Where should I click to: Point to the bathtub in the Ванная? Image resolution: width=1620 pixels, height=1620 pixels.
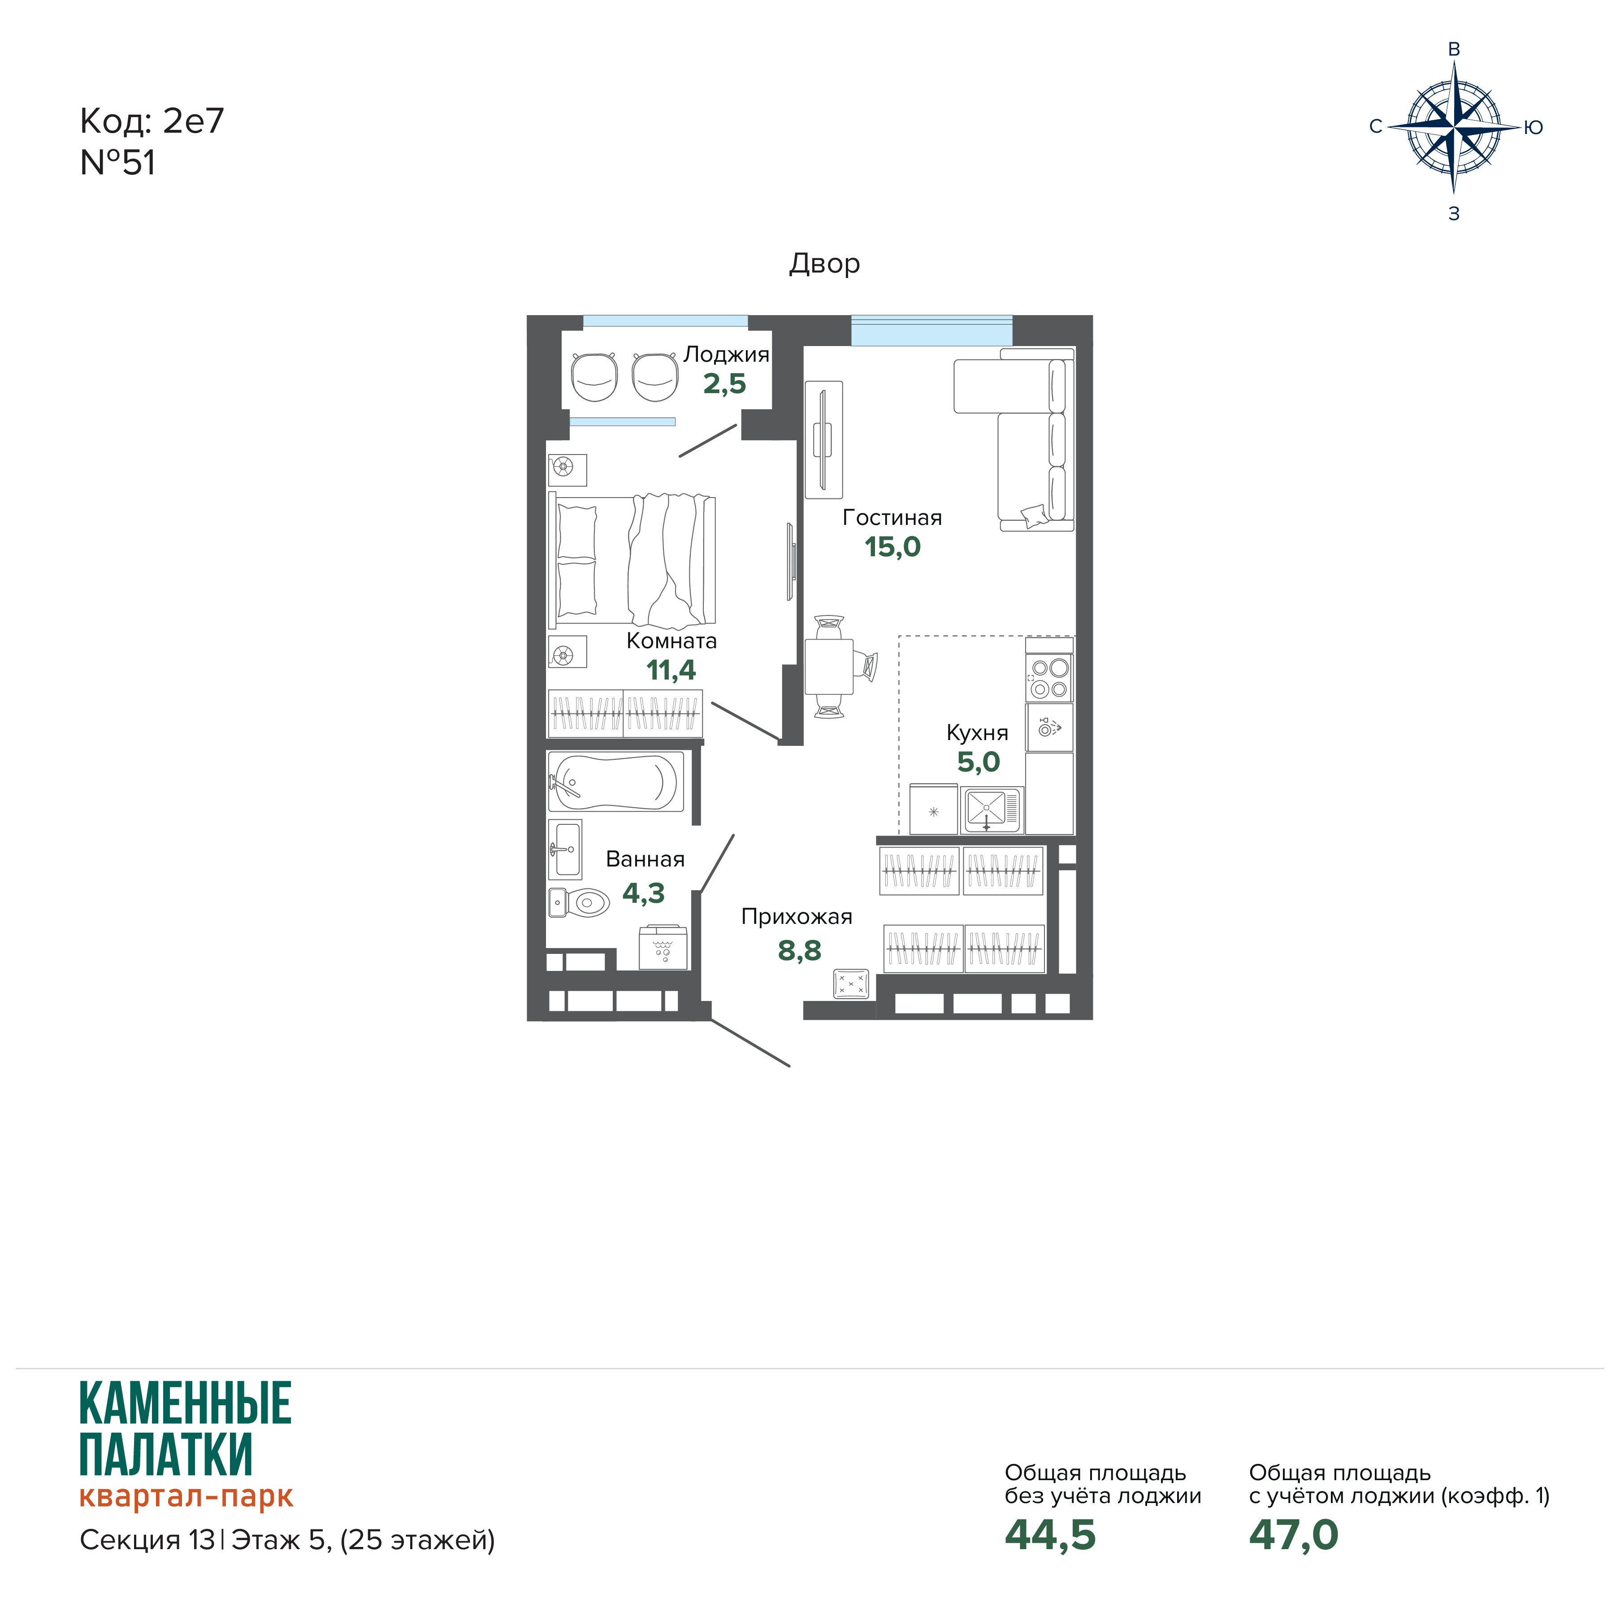tap(616, 781)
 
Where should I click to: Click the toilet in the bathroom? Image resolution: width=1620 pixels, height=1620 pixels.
tap(579, 903)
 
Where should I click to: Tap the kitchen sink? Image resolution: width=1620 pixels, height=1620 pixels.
tap(992, 810)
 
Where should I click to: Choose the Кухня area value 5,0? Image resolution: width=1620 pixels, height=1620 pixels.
tap(979, 762)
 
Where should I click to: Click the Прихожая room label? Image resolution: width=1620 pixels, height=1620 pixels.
tap(797, 917)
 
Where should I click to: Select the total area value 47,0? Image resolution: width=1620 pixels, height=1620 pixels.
tap(1294, 1534)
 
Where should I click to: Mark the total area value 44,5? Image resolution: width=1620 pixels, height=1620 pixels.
tap(1050, 1534)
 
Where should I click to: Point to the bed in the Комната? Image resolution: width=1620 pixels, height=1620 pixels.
tap(632, 560)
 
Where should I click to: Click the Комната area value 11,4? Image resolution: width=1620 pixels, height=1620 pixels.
tap(671, 670)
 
